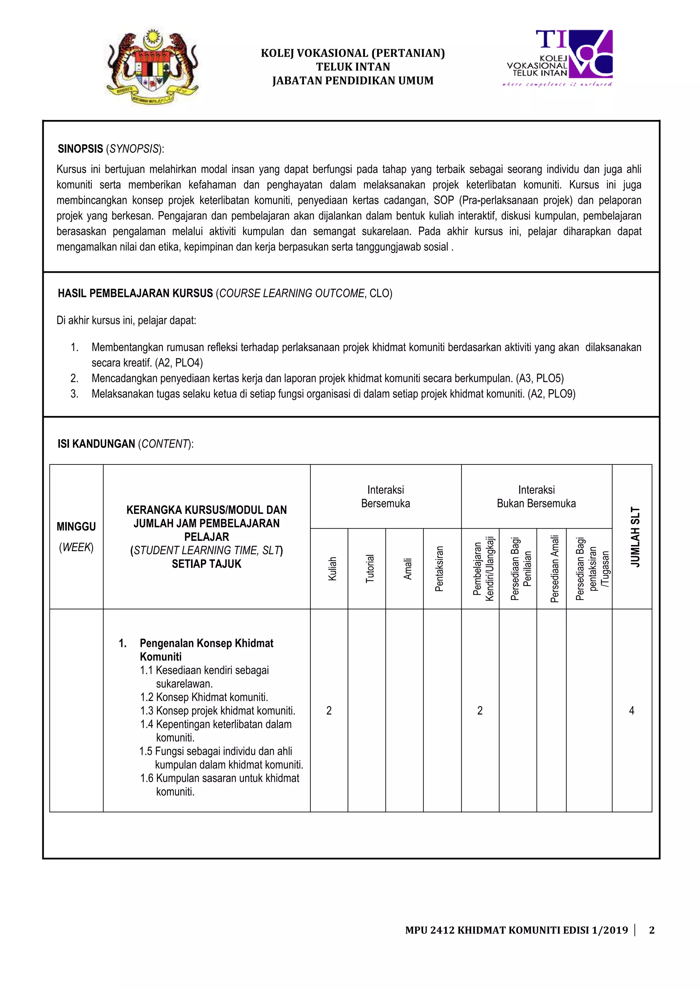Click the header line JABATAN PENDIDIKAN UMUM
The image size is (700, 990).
[x=352, y=81]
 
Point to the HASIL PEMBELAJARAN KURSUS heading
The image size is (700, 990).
[x=135, y=293]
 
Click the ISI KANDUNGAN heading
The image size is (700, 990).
[x=97, y=444]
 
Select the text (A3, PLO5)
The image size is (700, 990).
[x=540, y=378]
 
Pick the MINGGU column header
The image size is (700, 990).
[x=76, y=527]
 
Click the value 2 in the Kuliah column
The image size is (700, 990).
[x=329, y=710]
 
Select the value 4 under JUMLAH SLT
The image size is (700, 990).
[x=631, y=710]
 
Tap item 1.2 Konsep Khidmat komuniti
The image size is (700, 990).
[x=204, y=697]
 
